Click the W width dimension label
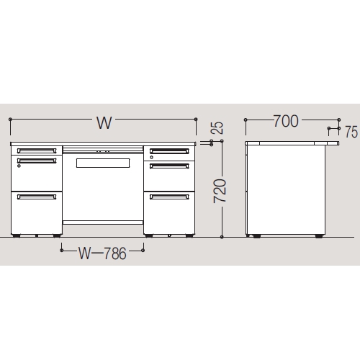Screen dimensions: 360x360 [x=104, y=123]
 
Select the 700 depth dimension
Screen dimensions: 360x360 [x=286, y=121]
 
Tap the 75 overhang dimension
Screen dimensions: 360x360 [x=351, y=132]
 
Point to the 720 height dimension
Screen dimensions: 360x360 [x=220, y=191]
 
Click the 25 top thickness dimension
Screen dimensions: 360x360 [x=217, y=128]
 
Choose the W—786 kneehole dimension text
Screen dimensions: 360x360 [x=102, y=253]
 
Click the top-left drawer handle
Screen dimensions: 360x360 [x=37, y=150]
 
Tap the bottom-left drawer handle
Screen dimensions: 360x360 [x=37, y=197]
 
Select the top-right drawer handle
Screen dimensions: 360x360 [x=169, y=151]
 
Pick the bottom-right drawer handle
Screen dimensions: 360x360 [x=169, y=197]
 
